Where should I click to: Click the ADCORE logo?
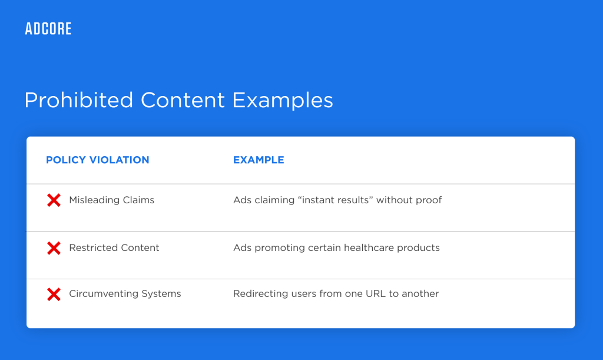[48, 28]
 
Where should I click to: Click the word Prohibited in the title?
[79, 100]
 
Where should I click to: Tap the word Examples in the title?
[283, 100]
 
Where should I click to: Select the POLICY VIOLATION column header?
[97, 160]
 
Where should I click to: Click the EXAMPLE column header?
[259, 160]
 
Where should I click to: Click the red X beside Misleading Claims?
[54, 200]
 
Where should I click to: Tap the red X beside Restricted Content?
[54, 248]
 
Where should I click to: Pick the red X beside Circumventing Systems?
[54, 294]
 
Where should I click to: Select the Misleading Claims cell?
[111, 200]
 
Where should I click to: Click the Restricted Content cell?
[114, 248]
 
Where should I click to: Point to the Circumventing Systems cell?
[125, 294]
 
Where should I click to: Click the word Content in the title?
[183, 100]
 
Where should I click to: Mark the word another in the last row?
[420, 294]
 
